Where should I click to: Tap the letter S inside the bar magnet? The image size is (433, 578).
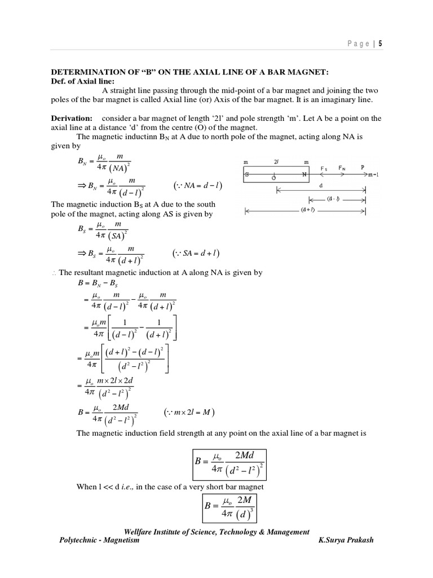[x=246, y=175]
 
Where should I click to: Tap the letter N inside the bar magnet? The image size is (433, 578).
[x=304, y=174]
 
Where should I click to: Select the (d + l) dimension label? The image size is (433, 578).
[x=307, y=211]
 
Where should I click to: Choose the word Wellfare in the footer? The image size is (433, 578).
[x=139, y=531]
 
